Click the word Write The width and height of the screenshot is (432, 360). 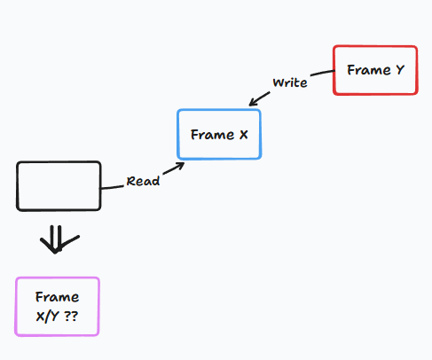coord(290,82)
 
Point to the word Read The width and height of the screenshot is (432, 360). coord(143,181)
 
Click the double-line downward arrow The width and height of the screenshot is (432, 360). coord(59,239)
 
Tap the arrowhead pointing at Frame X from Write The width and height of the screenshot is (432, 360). coord(252,102)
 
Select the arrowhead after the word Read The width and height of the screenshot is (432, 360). coord(180,166)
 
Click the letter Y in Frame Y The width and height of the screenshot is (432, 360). coord(400,70)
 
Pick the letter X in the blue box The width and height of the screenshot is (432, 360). coord(243,135)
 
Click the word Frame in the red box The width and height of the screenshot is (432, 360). coord(369,70)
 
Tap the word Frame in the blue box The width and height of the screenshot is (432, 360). coord(212,135)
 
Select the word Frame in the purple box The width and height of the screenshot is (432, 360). coord(57,297)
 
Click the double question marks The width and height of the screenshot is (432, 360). coord(71,317)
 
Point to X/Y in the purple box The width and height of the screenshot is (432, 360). coord(47,317)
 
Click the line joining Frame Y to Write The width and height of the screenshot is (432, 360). coord(323,73)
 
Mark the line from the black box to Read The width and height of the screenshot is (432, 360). coord(113,187)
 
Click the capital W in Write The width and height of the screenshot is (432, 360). coord(279,82)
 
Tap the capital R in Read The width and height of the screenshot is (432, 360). coord(130,181)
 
